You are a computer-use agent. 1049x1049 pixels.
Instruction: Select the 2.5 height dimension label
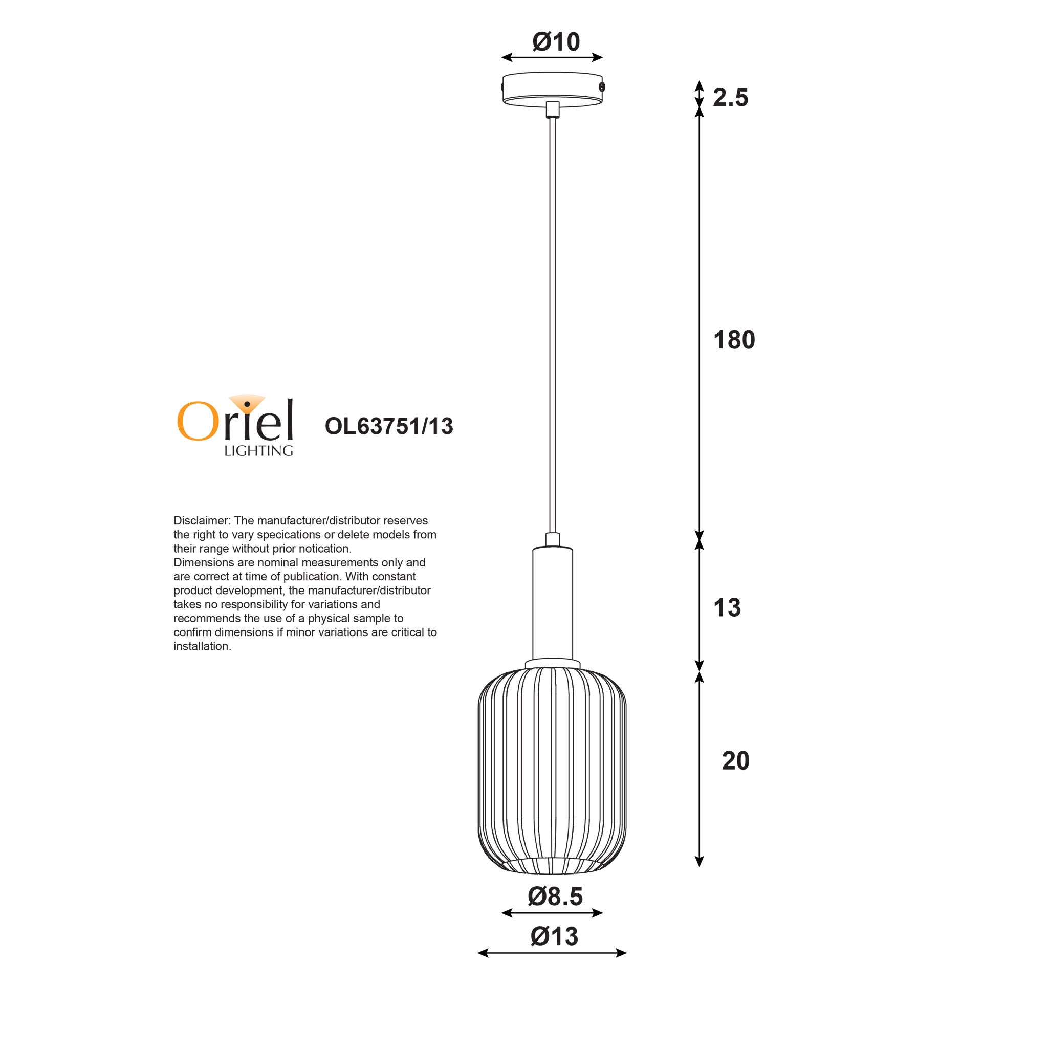730,98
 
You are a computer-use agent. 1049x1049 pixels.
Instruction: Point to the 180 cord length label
734,340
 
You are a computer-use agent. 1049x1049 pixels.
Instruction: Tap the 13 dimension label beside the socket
727,607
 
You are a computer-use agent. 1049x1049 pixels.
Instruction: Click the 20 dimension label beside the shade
735,761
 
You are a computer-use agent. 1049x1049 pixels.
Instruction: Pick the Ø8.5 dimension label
555,896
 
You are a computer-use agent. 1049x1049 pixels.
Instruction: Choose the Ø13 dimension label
554,936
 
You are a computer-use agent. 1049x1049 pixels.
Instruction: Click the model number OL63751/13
389,426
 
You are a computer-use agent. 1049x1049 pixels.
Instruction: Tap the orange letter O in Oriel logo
194,421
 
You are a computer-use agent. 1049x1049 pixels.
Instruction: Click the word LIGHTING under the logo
258,451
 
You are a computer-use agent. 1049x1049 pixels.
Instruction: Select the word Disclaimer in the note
202,521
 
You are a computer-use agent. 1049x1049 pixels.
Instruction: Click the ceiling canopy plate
552,89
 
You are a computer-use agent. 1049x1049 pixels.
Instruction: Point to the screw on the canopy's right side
602,87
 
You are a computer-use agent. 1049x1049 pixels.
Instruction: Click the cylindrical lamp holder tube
552,603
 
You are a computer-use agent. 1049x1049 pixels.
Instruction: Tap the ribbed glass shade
552,771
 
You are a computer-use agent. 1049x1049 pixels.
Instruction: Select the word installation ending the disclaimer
202,646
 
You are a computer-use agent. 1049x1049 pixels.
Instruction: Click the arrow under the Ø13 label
552,953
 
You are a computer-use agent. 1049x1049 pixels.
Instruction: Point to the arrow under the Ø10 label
552,57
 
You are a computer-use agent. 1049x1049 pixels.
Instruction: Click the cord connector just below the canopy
552,110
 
